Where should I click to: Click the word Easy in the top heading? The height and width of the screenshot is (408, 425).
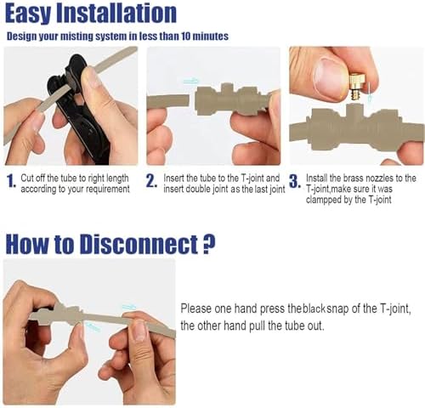(x=27, y=14)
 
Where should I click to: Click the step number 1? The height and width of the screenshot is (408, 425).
(x=11, y=181)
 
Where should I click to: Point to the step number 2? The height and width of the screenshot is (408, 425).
(x=151, y=181)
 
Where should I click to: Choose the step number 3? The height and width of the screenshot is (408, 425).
(x=295, y=181)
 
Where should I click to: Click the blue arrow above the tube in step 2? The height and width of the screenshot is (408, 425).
(x=191, y=82)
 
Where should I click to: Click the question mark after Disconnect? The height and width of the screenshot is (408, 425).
(x=210, y=244)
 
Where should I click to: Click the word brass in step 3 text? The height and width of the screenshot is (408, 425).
(x=353, y=178)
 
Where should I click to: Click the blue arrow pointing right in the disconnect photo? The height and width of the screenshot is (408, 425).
(x=129, y=307)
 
